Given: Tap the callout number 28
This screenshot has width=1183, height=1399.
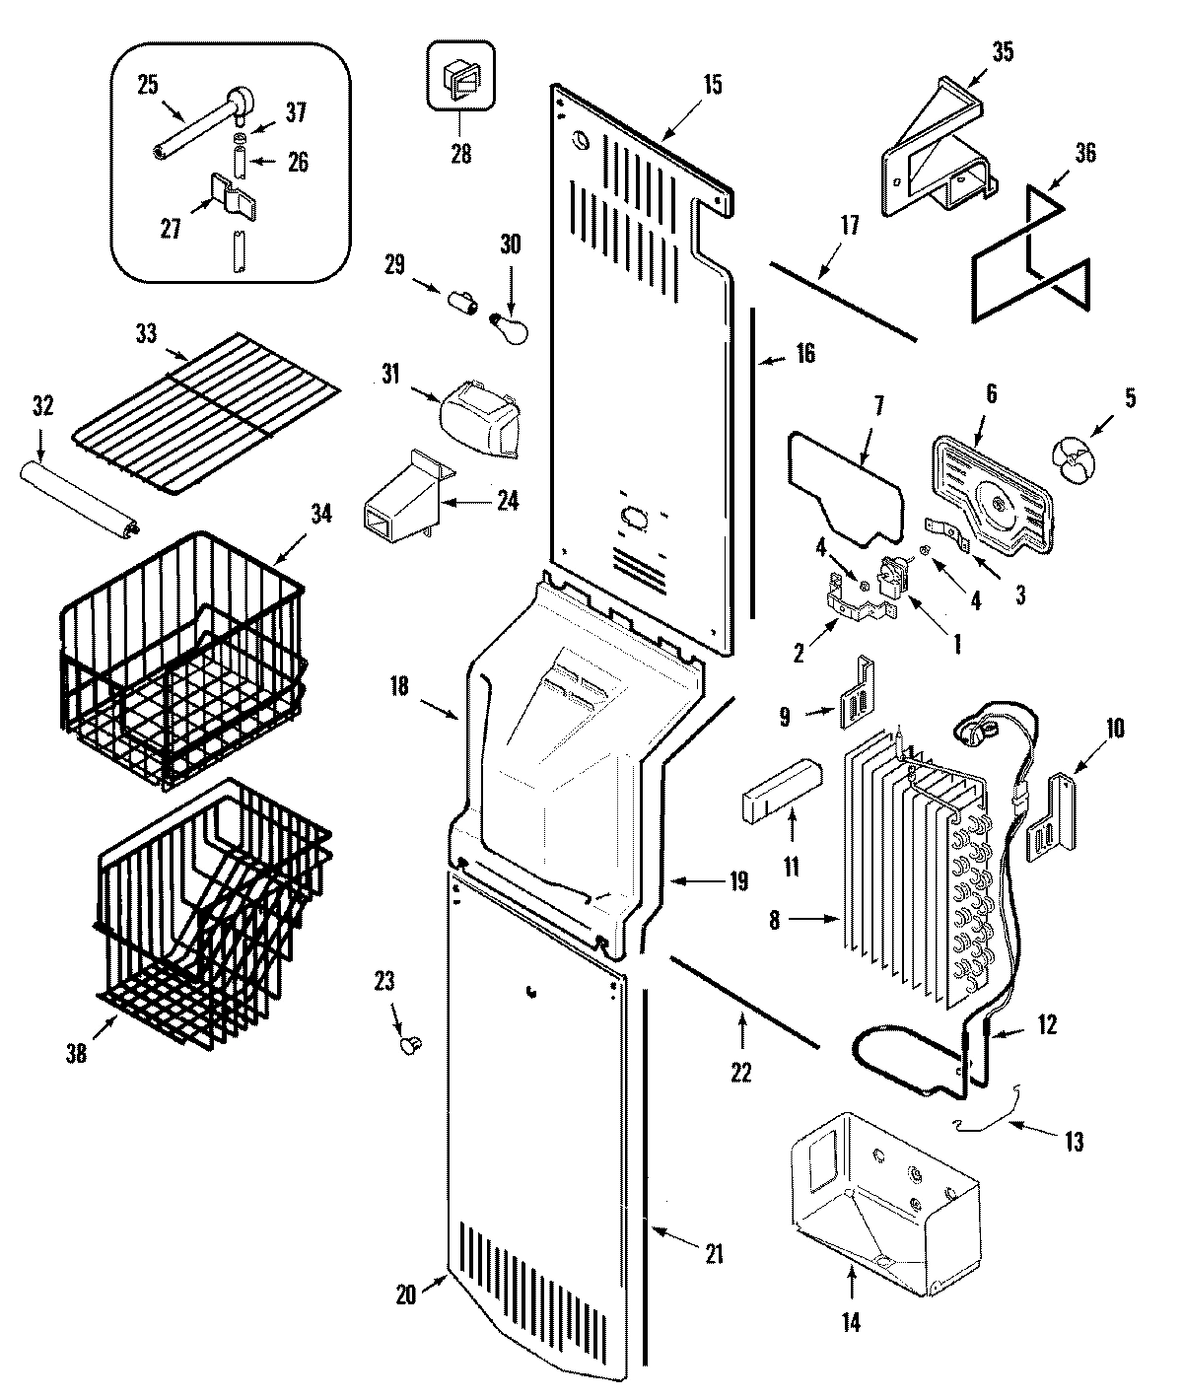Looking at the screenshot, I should click(460, 154).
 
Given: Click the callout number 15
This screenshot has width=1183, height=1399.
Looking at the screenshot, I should click(712, 84).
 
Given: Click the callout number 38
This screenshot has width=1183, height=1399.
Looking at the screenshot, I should click(77, 1054).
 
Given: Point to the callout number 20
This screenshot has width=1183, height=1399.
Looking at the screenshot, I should click(406, 1296).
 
